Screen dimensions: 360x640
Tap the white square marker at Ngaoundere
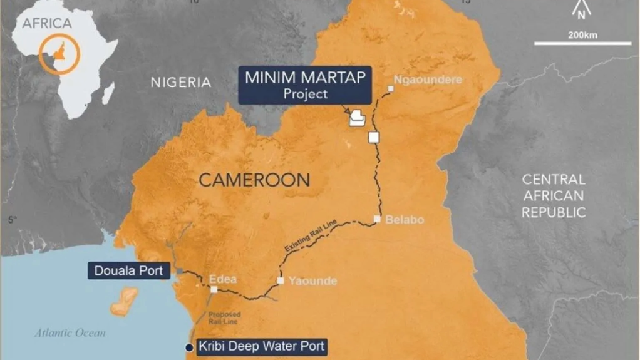coord(390,89)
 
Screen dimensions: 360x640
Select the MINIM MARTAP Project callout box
coord(304,85)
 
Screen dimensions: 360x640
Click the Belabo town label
coord(405,220)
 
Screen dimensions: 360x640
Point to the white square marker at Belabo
coord(377,219)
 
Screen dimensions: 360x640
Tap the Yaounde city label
coord(312,281)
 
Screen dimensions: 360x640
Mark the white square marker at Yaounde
coord(281,280)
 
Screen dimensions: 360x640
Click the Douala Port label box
coord(129,271)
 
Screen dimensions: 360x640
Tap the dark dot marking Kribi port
coord(188,347)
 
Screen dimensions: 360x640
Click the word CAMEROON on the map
coord(254,180)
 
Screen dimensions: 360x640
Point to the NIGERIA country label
coord(180,82)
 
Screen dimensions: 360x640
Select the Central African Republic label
coord(554,196)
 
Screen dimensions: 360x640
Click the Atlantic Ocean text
coord(70,333)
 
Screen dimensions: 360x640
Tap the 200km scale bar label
coord(582,35)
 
